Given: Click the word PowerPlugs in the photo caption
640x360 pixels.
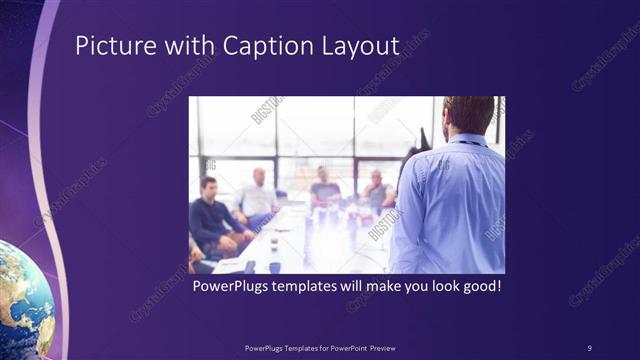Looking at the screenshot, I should point(232,286).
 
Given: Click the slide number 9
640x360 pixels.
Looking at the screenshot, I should point(589,347).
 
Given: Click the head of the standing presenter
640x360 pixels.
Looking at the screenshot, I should point(467,115).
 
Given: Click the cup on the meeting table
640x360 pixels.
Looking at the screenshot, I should point(273,243).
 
